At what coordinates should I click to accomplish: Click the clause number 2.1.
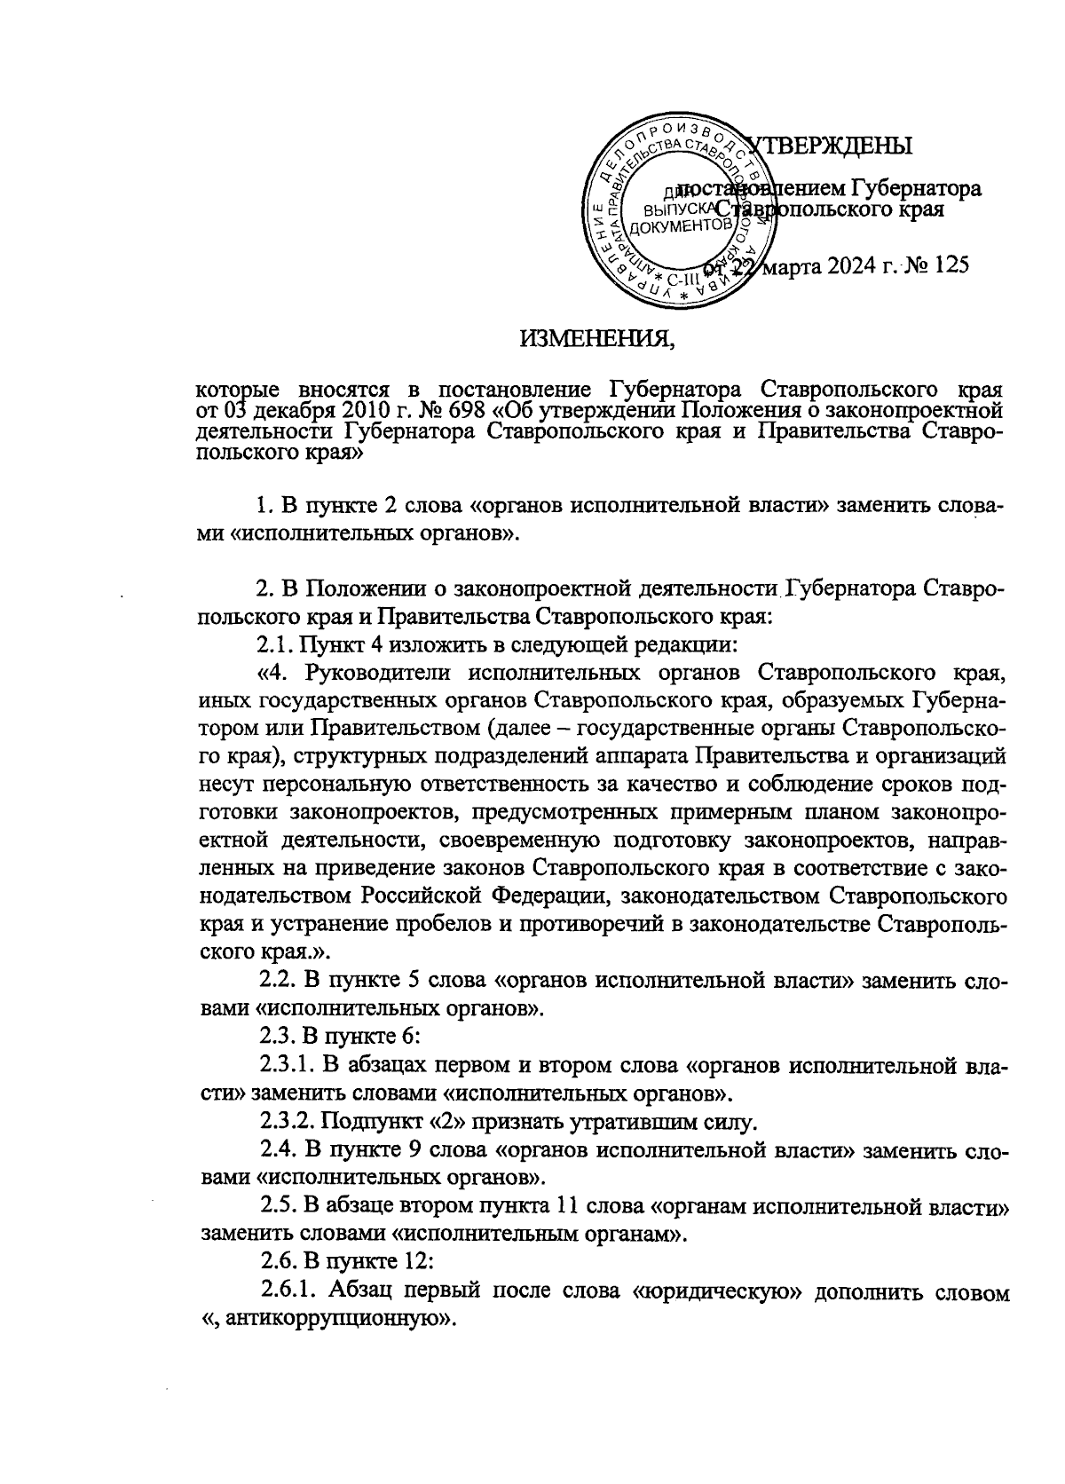273,641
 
